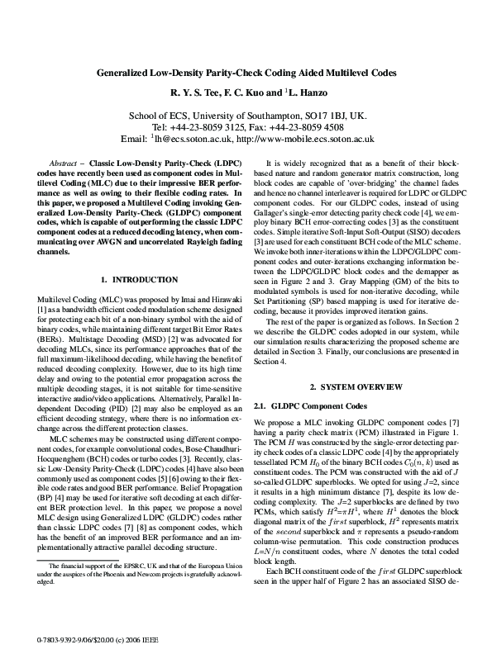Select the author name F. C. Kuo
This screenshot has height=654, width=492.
click(245, 93)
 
